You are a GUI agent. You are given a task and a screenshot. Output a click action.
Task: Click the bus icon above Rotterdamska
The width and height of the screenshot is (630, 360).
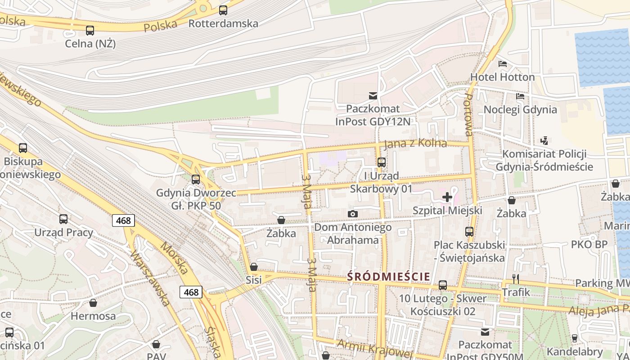(223, 10)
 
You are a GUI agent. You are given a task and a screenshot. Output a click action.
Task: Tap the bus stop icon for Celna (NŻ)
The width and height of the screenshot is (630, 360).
(90, 31)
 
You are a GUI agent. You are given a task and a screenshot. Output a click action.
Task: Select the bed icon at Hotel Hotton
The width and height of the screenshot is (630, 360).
(503, 64)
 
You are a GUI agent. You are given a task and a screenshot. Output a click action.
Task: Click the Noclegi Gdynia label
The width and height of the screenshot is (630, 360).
(520, 109)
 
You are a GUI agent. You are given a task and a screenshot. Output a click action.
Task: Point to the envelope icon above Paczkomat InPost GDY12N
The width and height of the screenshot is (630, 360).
(373, 95)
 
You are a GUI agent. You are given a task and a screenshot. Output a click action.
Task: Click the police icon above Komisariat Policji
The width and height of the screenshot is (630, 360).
(544, 140)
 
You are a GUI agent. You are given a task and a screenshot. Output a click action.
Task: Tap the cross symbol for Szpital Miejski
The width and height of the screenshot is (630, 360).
(447, 197)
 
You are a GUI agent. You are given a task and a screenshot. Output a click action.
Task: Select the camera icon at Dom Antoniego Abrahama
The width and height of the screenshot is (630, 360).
(353, 214)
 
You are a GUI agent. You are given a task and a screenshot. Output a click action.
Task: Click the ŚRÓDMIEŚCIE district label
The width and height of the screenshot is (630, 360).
(389, 276)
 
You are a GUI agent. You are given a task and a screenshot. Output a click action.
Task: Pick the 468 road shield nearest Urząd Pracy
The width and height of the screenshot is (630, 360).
(123, 220)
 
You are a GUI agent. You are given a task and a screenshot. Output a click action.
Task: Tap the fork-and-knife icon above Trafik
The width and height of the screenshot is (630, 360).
(516, 279)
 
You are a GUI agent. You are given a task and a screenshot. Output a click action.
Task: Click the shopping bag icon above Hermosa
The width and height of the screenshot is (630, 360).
(93, 302)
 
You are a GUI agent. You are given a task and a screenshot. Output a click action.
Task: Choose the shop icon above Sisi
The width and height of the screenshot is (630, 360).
(254, 266)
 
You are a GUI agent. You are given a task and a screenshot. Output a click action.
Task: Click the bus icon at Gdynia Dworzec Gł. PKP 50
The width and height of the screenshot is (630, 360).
(196, 180)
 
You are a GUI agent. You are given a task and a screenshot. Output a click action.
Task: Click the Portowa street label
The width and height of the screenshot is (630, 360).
(468, 115)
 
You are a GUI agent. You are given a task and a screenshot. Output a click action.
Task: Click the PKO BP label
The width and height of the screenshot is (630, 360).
(589, 244)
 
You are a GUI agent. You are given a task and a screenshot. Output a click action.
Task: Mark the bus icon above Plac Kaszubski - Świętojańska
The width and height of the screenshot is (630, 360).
(469, 232)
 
